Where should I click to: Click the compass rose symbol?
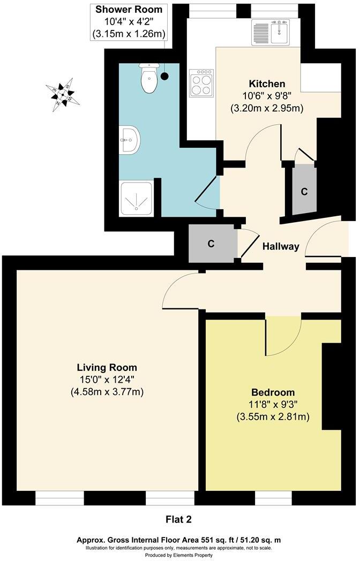[x=63, y=95]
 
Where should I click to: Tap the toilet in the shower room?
[x=149, y=79]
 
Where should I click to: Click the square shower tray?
[x=137, y=198]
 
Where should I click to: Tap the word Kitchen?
[x=267, y=84]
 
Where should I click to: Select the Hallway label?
[x=280, y=247]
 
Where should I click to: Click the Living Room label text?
[x=107, y=368]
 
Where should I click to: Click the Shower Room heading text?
[x=129, y=9]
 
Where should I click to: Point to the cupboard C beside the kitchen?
[x=304, y=192]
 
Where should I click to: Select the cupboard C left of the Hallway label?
[x=211, y=244]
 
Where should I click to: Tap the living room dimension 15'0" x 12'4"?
[x=107, y=380]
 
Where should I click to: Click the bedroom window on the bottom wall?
[x=273, y=498]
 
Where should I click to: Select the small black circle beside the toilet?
[x=164, y=77]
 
